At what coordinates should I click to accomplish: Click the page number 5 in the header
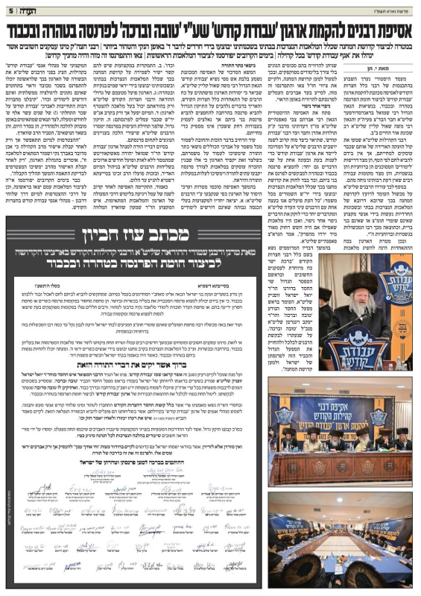pyautogui.click(x=9, y=10)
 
